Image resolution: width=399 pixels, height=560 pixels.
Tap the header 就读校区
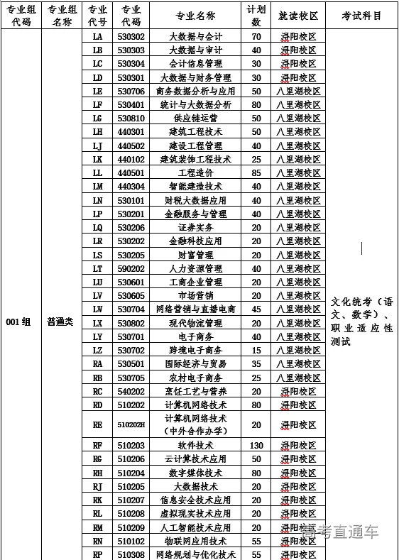pos(298,15)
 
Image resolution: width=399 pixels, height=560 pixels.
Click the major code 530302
pos(131,36)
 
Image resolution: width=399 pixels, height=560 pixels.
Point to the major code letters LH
pos(97,131)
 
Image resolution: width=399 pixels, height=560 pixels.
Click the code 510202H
pos(131,424)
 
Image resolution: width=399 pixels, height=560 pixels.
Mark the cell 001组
pos(18,322)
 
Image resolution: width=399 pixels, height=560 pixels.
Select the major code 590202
pos(131,268)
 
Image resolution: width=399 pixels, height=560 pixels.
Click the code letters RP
pos(97,554)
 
